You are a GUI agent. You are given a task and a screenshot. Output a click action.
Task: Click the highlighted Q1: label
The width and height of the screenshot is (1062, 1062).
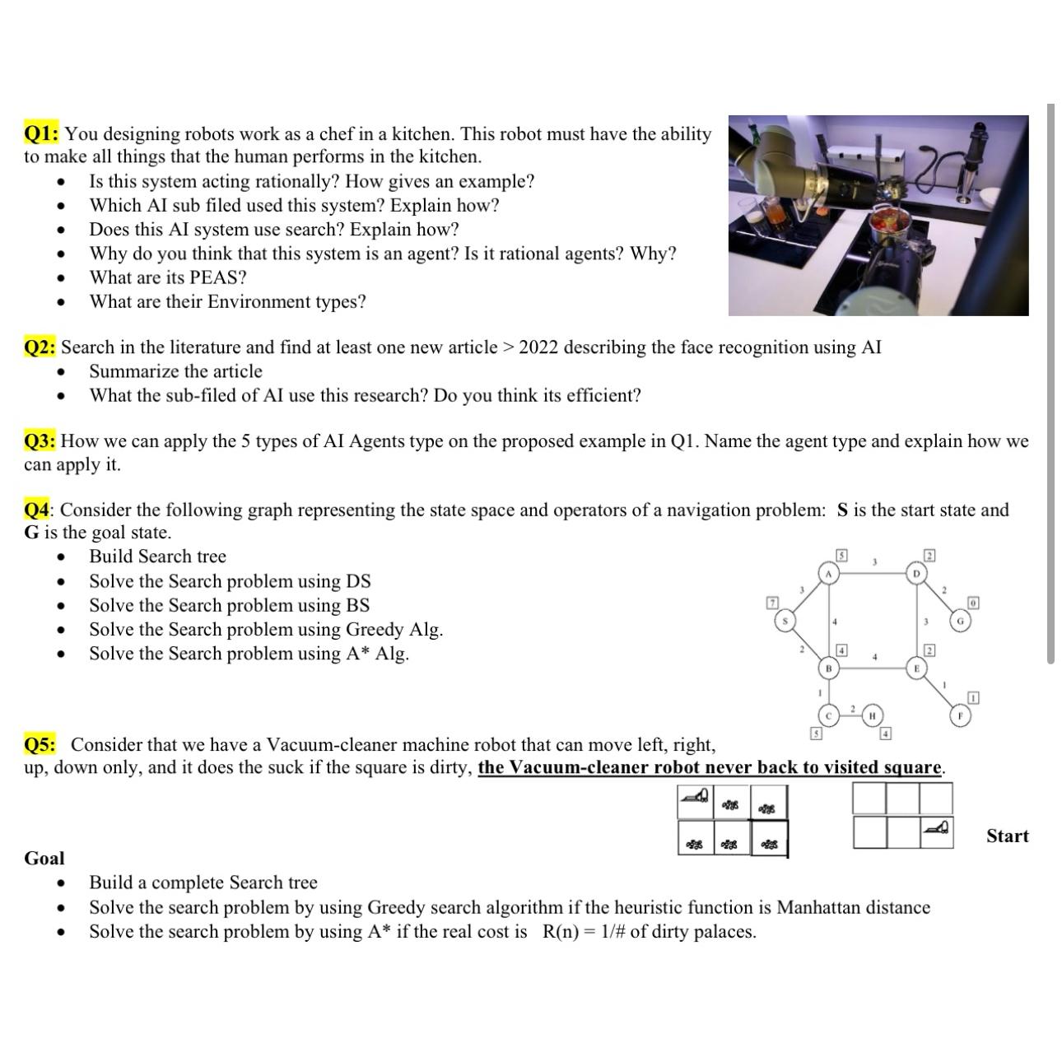[x=41, y=134]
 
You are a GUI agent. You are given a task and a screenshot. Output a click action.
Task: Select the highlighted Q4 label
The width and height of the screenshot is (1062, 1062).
[x=37, y=510]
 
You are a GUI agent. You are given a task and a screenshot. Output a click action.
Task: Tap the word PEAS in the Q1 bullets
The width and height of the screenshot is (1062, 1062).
[x=211, y=277]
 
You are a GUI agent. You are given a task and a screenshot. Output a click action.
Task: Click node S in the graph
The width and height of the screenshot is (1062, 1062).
[x=786, y=621]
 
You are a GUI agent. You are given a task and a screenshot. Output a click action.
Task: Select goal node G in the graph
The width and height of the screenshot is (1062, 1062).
[x=960, y=621]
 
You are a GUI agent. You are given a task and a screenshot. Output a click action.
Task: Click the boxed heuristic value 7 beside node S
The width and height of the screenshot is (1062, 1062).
[x=771, y=603]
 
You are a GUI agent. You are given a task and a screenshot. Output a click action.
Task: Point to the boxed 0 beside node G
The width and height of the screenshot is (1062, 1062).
[x=973, y=603]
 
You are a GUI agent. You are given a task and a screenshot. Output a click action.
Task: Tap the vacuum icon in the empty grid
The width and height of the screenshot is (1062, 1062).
[x=937, y=827]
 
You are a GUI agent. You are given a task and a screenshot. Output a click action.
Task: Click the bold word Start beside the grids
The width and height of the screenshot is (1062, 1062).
[x=1007, y=836]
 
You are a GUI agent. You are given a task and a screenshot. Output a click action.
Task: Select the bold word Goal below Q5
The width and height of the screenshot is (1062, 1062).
[x=44, y=859]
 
